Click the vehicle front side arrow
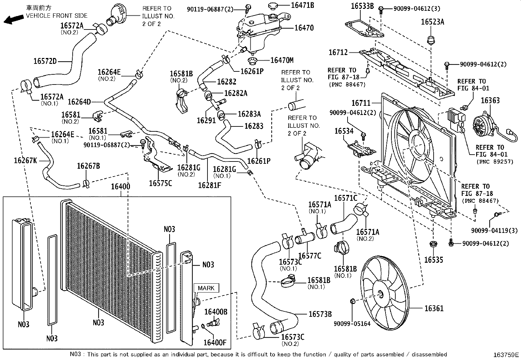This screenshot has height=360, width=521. (x=13, y=19)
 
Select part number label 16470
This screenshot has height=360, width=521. (x=304, y=28)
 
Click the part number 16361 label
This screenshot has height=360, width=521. (x=434, y=308)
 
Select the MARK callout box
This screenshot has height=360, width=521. (x=206, y=288)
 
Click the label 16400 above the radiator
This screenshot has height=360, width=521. (x=120, y=187)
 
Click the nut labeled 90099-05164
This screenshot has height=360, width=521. (x=352, y=301)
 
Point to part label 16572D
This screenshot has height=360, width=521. (x=45, y=61)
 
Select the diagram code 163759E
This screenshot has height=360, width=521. (x=506, y=355)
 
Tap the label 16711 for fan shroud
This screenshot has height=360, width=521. (x=361, y=103)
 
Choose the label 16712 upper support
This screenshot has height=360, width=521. (x=338, y=52)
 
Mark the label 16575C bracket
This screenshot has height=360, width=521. (x=160, y=183)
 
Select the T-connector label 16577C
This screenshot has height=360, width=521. (x=310, y=256)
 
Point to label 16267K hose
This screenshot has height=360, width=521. (x=25, y=160)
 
